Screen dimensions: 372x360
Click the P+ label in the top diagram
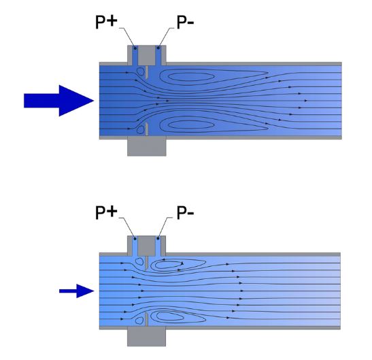(106, 22)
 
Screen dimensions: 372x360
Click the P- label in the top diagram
(185, 22)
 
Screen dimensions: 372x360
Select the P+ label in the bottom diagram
(106, 212)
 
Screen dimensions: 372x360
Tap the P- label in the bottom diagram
(185, 212)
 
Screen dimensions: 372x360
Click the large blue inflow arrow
(59, 101)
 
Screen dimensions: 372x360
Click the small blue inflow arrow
(77, 291)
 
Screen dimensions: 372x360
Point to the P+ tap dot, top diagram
(135, 48)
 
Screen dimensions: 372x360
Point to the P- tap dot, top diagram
(158, 48)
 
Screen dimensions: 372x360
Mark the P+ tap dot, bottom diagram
(135, 238)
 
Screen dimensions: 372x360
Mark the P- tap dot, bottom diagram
(158, 238)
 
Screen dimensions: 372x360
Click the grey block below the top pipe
(147, 146)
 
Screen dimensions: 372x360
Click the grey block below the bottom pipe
(146, 336)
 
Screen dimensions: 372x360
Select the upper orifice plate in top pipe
(147, 72)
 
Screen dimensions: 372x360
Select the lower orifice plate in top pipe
(147, 129)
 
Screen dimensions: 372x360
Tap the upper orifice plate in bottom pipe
(146, 263)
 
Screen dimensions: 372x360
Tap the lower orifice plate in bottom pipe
(146, 320)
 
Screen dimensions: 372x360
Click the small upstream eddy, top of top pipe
(141, 71)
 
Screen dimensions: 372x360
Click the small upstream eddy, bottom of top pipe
(141, 130)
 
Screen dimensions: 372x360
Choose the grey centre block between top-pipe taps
(147, 55)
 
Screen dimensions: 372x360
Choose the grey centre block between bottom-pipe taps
(146, 246)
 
